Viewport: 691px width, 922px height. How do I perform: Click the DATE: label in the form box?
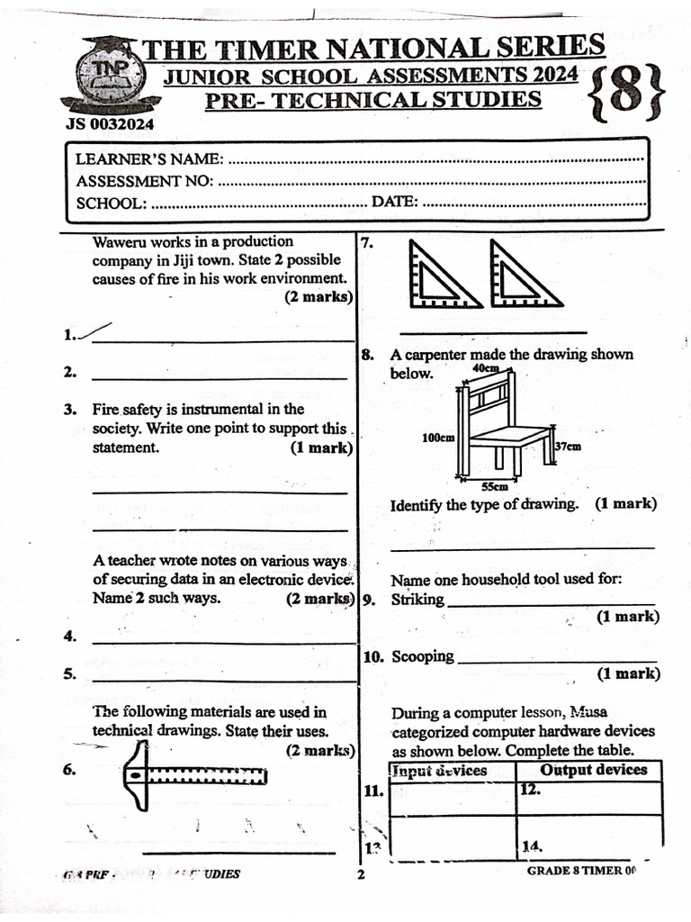[394, 202]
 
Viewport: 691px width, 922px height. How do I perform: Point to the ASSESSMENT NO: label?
[144, 181]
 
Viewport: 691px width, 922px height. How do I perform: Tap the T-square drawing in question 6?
[194, 776]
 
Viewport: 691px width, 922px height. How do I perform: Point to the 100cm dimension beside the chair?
[438, 438]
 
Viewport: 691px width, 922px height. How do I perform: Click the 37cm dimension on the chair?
[567, 446]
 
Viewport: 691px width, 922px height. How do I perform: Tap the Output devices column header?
[593, 770]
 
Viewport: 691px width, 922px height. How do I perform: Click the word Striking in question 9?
[417, 600]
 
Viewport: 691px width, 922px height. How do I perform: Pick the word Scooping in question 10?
[422, 656]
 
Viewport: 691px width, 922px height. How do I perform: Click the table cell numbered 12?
[589, 798]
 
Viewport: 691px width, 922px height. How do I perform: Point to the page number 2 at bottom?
[360, 875]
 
